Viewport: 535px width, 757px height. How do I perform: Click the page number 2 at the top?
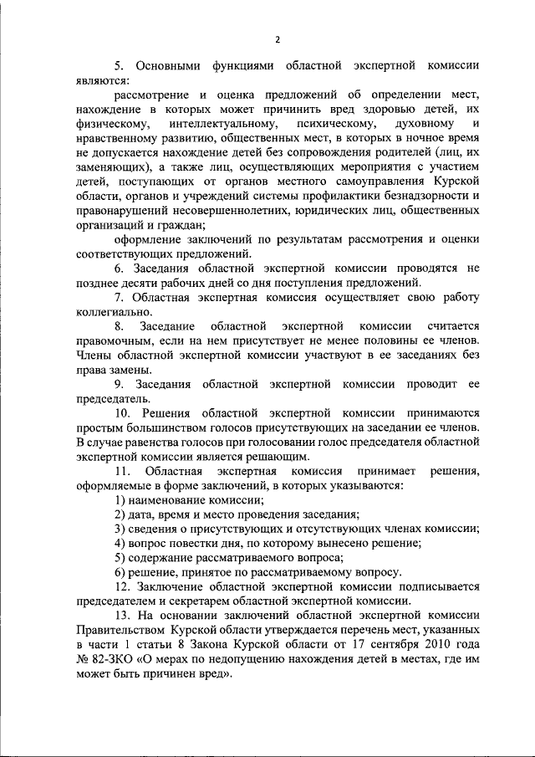pyautogui.click(x=277, y=39)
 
